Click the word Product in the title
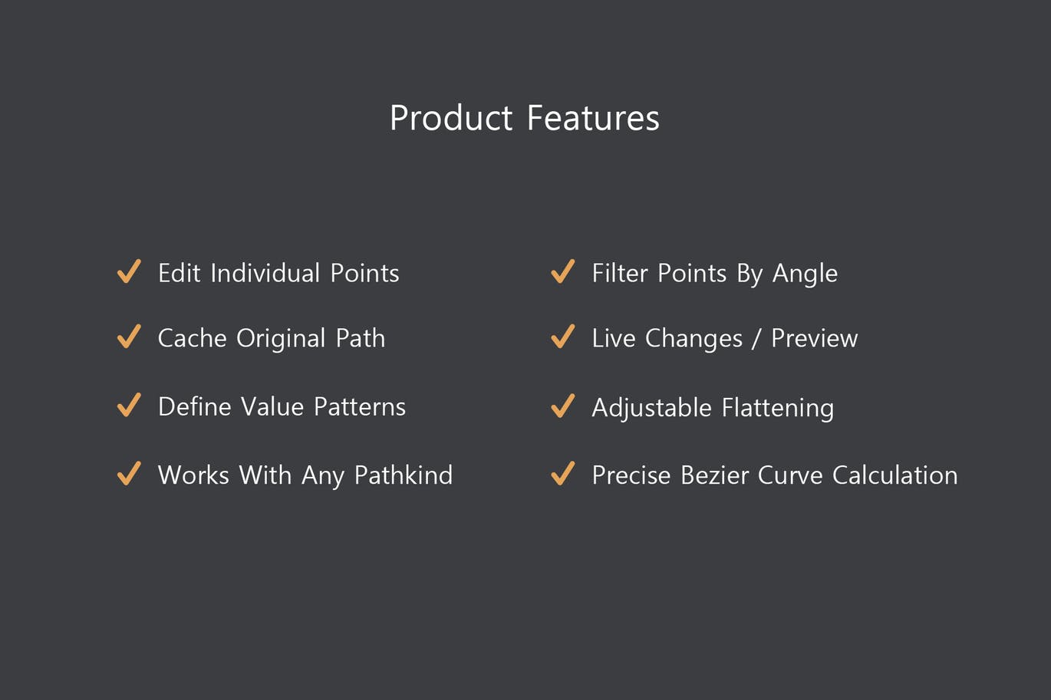coord(450,118)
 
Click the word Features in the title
coord(593,118)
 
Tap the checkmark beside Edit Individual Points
coord(129,271)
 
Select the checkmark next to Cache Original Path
coord(129,337)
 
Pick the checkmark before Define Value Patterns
coord(129,405)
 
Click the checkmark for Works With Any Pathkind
coord(129,473)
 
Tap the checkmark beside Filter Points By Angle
coord(563,271)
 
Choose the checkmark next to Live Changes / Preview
coord(563,337)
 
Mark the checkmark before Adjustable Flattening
coord(563,406)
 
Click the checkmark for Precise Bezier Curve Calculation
coord(563,473)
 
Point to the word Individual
coord(265,273)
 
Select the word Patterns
coord(360,406)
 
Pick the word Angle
coord(805,274)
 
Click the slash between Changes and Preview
coord(756,339)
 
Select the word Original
coord(281,339)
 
